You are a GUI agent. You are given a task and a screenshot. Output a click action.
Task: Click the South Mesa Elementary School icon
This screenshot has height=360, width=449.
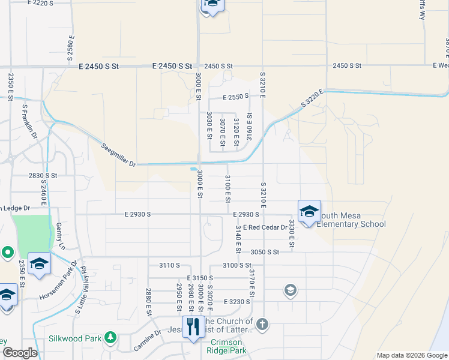[309, 211]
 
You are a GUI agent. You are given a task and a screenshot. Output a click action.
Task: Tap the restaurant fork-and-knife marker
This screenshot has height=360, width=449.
[193, 327]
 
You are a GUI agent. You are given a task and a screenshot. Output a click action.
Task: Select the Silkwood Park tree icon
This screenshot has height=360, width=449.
[110, 338]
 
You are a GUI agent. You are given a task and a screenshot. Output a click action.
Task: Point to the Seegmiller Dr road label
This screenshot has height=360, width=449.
[119, 155]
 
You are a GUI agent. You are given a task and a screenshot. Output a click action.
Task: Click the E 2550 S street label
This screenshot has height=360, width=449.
[235, 97]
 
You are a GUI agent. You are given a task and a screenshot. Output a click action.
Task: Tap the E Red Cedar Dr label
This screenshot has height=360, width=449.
[265, 227]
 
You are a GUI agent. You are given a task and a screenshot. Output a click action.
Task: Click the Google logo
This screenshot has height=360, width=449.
[20, 353]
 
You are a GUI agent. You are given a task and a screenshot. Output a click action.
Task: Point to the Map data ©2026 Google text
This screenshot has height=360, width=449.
[411, 355]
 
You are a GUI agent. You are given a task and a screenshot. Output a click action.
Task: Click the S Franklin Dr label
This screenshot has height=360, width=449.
[29, 123]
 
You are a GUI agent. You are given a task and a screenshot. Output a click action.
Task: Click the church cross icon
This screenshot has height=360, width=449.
[262, 325]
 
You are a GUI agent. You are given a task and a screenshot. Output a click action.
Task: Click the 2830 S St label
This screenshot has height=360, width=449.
[43, 175]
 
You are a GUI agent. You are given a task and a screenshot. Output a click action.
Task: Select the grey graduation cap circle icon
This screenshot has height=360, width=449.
[290, 291]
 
